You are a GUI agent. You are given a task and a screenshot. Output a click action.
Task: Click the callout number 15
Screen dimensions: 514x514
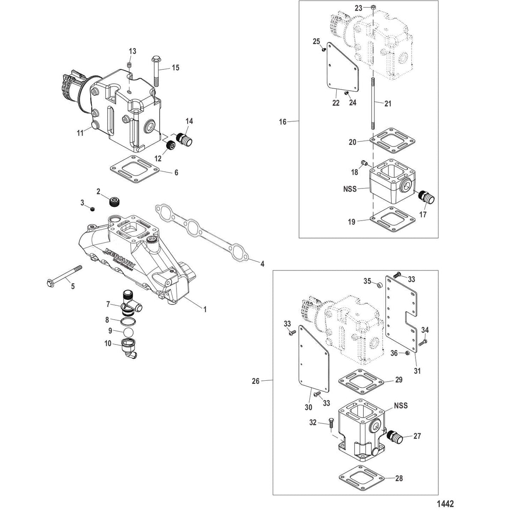pos(176,68)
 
